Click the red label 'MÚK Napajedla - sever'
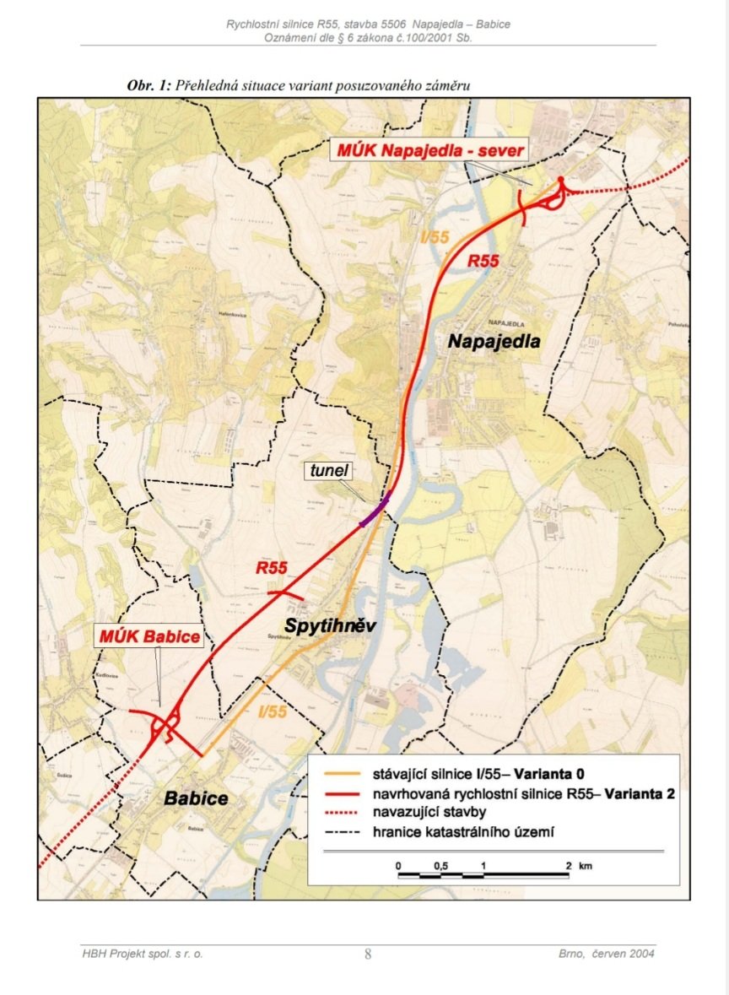pos(428,152)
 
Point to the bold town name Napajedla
pos(494,342)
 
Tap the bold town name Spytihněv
pos(328,626)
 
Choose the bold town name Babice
pos(197,798)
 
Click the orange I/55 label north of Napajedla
pos(435,237)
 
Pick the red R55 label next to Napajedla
pos(483,262)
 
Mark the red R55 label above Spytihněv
pos(272,568)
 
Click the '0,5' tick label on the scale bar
pos(440,867)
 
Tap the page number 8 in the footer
pos(368,954)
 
